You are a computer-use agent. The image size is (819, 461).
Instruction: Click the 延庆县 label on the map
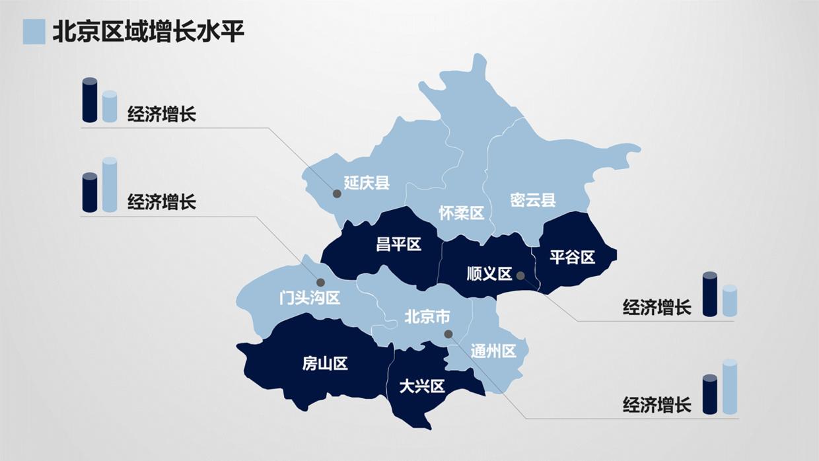tap(367, 183)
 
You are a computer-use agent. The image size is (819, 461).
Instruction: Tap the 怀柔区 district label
tap(462, 213)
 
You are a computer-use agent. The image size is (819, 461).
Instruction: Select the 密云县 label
tap(533, 200)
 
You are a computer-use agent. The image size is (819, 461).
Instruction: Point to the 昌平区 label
tap(398, 244)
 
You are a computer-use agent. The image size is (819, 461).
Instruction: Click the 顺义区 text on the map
tap(489, 273)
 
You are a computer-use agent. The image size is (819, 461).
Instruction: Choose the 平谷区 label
tap(573, 257)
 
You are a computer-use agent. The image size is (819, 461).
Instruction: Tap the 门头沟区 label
tap(310, 298)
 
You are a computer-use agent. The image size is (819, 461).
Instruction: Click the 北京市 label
tap(427, 318)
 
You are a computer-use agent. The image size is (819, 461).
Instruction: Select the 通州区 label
tap(493, 351)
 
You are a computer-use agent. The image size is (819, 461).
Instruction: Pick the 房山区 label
tap(325, 363)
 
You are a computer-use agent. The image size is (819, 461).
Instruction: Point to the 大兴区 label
tap(422, 386)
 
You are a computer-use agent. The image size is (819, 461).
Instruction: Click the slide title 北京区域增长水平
tap(148, 31)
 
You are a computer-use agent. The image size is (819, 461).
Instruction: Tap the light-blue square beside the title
tap(34, 32)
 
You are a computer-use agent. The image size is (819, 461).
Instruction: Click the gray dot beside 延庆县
tap(337, 194)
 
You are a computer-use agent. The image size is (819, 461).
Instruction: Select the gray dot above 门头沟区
tap(320, 282)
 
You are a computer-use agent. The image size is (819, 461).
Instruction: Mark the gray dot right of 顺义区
tap(520, 275)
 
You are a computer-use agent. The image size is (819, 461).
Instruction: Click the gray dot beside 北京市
tap(448, 334)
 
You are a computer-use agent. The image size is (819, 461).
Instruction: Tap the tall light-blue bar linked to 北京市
tap(729, 387)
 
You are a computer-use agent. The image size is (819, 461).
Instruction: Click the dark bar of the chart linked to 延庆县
tap(90, 100)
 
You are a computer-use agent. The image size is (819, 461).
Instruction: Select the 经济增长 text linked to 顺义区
tap(657, 307)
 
